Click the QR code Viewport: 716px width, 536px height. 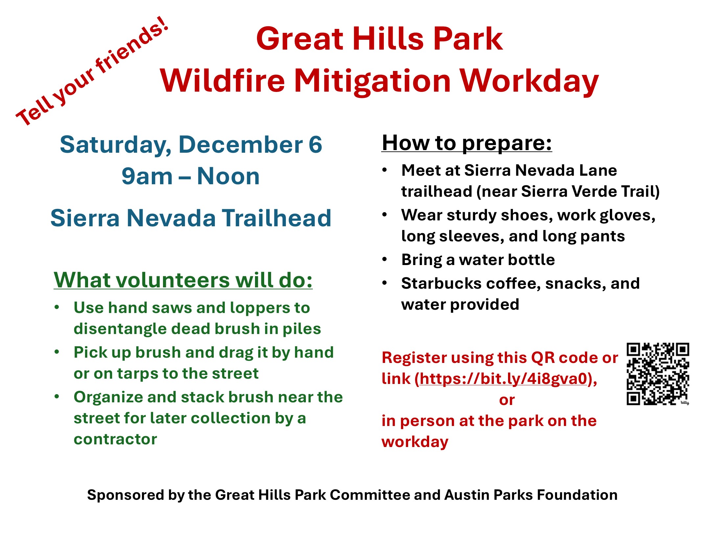tap(658, 374)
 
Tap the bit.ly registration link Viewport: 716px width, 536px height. tap(503, 379)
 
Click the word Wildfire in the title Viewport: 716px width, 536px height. tap(222, 81)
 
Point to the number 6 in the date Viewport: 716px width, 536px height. tap(315, 145)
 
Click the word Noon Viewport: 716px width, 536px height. tap(228, 176)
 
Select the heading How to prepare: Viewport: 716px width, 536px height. tap(467, 143)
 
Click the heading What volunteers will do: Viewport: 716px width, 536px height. tap(183, 280)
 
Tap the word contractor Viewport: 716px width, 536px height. tap(115, 439)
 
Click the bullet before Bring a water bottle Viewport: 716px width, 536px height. tap(385, 259)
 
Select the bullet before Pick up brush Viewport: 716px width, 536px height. tap(57, 352)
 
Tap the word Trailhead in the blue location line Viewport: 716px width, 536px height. tap(276, 218)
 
